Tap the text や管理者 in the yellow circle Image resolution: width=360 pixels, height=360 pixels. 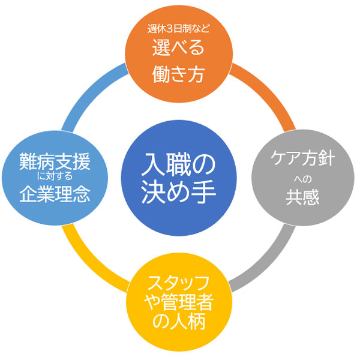[x=179, y=302]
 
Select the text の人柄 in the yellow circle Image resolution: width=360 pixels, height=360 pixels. [x=179, y=322]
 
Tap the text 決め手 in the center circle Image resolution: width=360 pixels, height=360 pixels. [x=181, y=194]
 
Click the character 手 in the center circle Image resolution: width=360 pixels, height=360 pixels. [x=204, y=194]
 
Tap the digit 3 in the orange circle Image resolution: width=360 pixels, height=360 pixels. [x=171, y=28]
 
